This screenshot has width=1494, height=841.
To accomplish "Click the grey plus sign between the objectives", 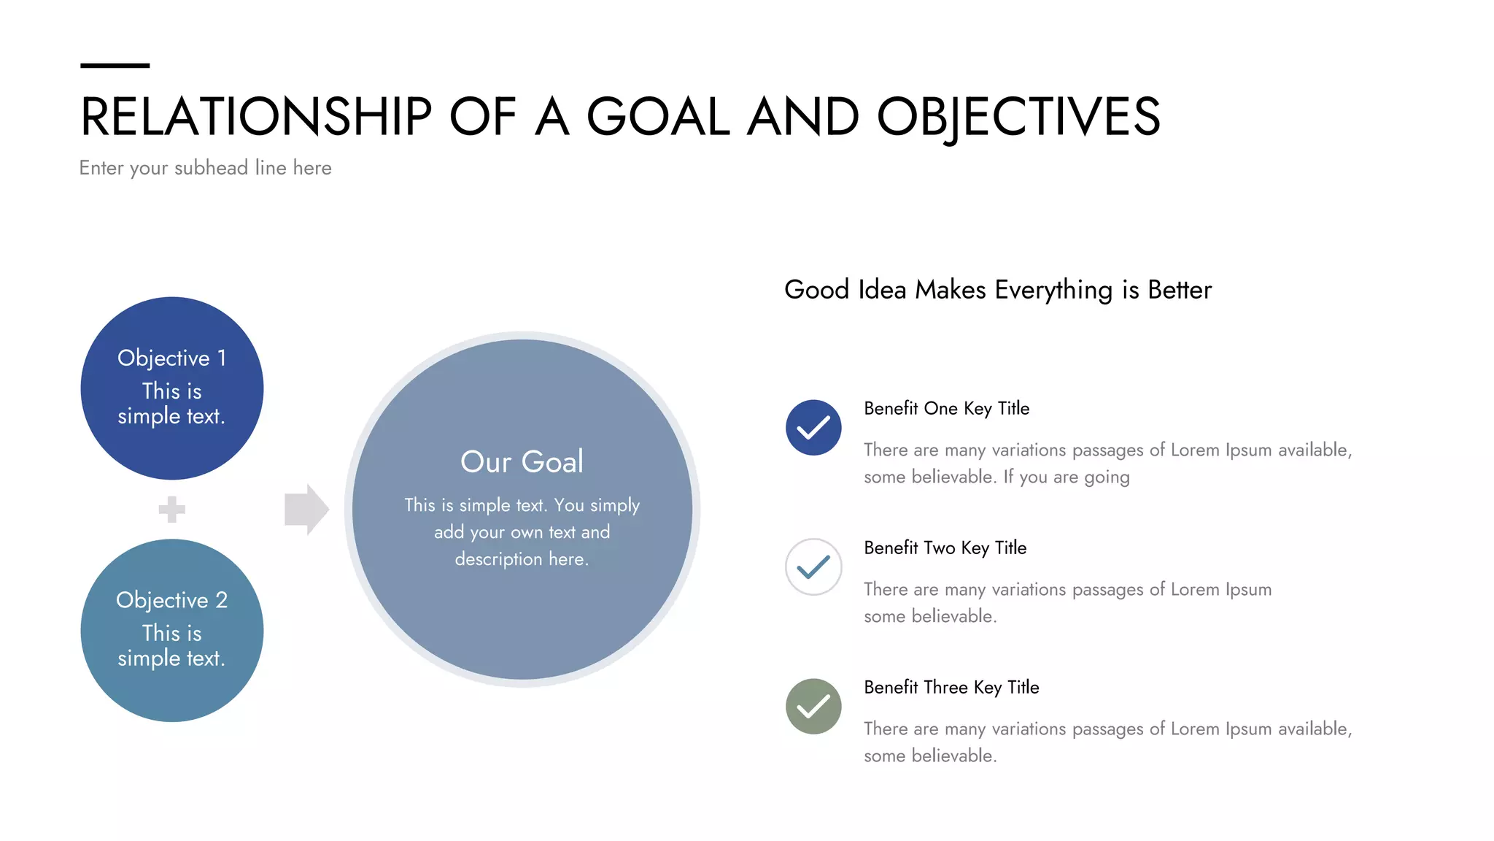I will [x=171, y=509].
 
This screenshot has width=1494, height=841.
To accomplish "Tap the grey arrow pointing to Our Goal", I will [x=306, y=509].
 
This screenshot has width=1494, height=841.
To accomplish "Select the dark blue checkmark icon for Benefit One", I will [x=813, y=428].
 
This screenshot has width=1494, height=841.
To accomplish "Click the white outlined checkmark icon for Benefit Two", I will [x=813, y=567].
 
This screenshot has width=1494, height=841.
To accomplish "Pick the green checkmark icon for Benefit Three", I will [x=813, y=707].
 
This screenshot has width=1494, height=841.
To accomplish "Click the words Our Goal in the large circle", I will [x=522, y=462].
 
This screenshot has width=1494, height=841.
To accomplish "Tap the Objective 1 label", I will [x=171, y=358].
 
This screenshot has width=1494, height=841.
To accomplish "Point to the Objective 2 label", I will [x=171, y=600].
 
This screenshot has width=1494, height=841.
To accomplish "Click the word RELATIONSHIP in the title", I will [x=256, y=117].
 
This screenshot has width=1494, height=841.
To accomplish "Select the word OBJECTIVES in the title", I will [x=1018, y=117].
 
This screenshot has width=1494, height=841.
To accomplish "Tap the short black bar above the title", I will [x=115, y=66].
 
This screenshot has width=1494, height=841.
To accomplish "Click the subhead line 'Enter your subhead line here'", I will [x=205, y=168].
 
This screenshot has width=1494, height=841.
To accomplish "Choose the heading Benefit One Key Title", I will [x=946, y=408].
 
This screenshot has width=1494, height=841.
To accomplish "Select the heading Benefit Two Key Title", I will [x=945, y=548].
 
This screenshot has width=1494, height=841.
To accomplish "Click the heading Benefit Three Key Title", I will [x=951, y=687].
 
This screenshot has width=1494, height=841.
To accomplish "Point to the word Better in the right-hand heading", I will [x=1179, y=290].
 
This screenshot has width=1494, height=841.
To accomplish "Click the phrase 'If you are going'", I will [x=1066, y=477].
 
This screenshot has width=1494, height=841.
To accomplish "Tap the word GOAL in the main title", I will [x=658, y=117].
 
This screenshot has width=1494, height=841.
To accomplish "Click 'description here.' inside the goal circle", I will [x=522, y=559].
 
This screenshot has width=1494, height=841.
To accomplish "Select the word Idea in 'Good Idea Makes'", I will [x=881, y=290].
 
